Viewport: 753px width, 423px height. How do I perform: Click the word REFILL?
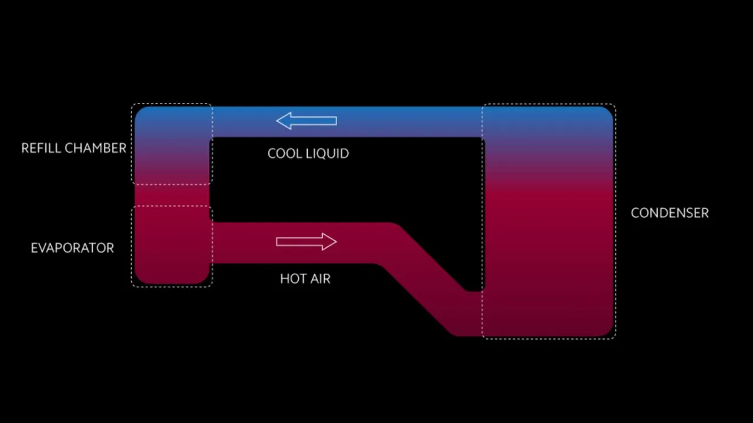point(41,148)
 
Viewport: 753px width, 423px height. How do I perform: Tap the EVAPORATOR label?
point(72,248)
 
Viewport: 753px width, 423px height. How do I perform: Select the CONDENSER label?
point(669,213)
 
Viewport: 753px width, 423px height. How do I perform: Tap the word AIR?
point(321,278)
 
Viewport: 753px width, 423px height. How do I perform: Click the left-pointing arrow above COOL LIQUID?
point(306,121)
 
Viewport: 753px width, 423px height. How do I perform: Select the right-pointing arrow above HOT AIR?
point(306,241)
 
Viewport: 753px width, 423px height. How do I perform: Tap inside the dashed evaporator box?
point(172,246)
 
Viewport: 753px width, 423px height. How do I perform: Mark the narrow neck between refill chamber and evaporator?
point(172,195)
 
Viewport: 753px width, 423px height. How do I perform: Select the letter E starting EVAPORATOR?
point(34,248)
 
